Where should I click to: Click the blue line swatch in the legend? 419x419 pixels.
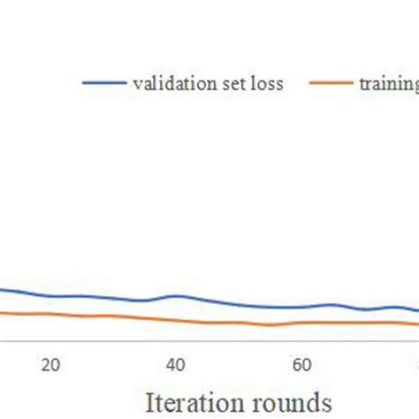(104, 84)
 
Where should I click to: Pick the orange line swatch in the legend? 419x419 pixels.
(331, 84)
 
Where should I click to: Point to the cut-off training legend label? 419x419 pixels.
(388, 85)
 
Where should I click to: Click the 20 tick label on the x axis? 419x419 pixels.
(50, 364)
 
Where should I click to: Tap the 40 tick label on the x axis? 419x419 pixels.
(176, 364)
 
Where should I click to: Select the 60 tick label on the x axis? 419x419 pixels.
(301, 364)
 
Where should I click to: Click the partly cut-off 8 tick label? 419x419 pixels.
(415, 364)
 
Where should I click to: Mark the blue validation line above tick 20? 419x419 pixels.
(50, 296)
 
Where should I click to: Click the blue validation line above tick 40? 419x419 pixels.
(176, 296)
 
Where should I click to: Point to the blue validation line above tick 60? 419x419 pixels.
(301, 308)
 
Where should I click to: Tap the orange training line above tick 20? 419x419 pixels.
(50, 314)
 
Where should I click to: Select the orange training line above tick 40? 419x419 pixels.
(176, 320)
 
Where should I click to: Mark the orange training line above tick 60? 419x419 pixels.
(301, 323)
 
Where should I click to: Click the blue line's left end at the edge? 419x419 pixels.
(2, 288)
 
